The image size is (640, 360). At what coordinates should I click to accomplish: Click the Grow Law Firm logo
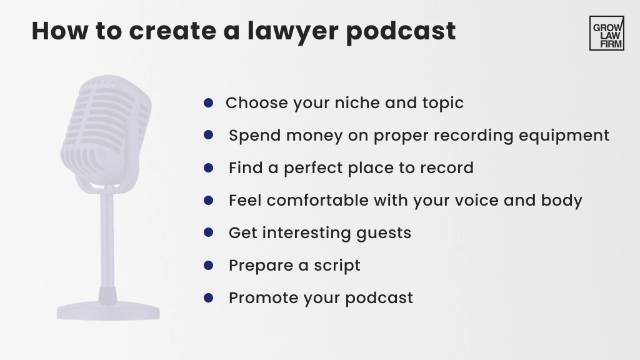click(606, 33)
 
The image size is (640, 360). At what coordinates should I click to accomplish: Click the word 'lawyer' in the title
click(292, 31)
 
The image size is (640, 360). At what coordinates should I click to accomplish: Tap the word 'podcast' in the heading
click(401, 31)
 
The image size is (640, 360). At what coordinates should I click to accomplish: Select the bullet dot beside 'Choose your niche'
click(208, 102)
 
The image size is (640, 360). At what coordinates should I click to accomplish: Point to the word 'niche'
click(357, 102)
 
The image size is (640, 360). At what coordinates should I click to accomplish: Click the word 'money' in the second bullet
click(314, 136)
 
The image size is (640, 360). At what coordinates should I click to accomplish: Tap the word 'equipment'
click(564, 136)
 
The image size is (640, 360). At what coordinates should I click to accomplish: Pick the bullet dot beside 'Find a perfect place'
click(208, 167)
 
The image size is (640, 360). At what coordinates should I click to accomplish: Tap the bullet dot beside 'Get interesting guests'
click(208, 232)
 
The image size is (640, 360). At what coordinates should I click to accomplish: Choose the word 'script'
click(337, 266)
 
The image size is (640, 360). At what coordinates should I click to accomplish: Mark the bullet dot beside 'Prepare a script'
click(208, 265)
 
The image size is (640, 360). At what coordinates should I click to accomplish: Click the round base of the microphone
click(108, 311)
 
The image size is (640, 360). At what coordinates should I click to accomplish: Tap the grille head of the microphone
click(106, 131)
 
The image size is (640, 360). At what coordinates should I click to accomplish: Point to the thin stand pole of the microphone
click(107, 241)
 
